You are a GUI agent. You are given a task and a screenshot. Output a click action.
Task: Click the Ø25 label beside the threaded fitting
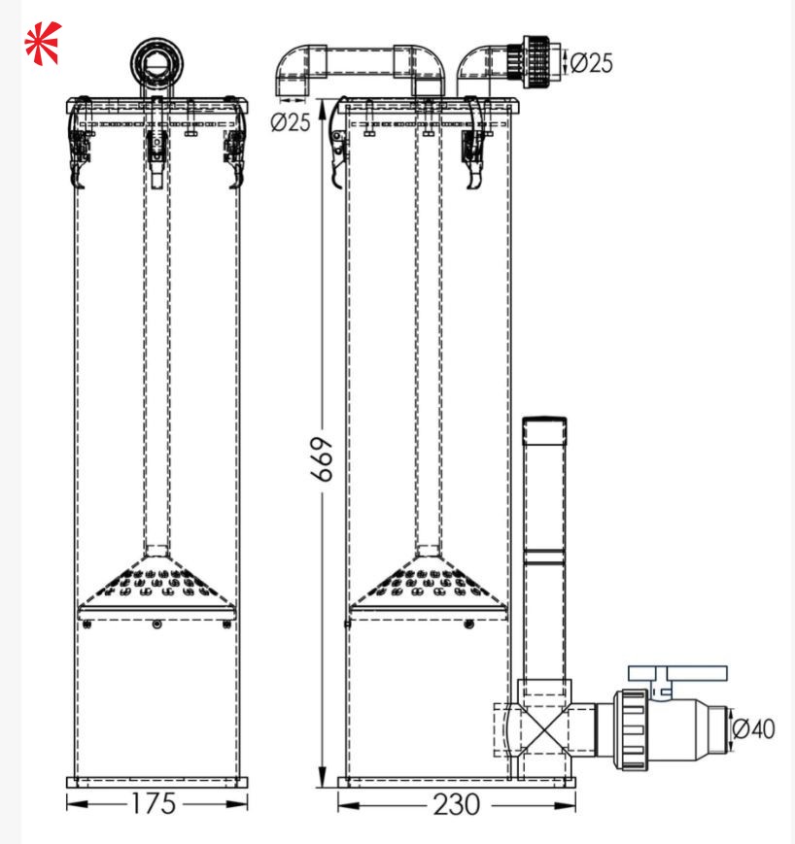click(591, 63)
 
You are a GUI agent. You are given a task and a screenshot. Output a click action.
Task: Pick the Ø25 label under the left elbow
click(291, 122)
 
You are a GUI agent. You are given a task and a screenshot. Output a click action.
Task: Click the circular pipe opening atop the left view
click(156, 62)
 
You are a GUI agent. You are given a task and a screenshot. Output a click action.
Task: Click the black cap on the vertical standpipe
click(544, 422)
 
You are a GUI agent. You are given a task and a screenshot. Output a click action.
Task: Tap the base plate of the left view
click(156, 782)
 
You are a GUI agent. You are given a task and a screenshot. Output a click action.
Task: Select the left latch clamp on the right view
click(336, 146)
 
